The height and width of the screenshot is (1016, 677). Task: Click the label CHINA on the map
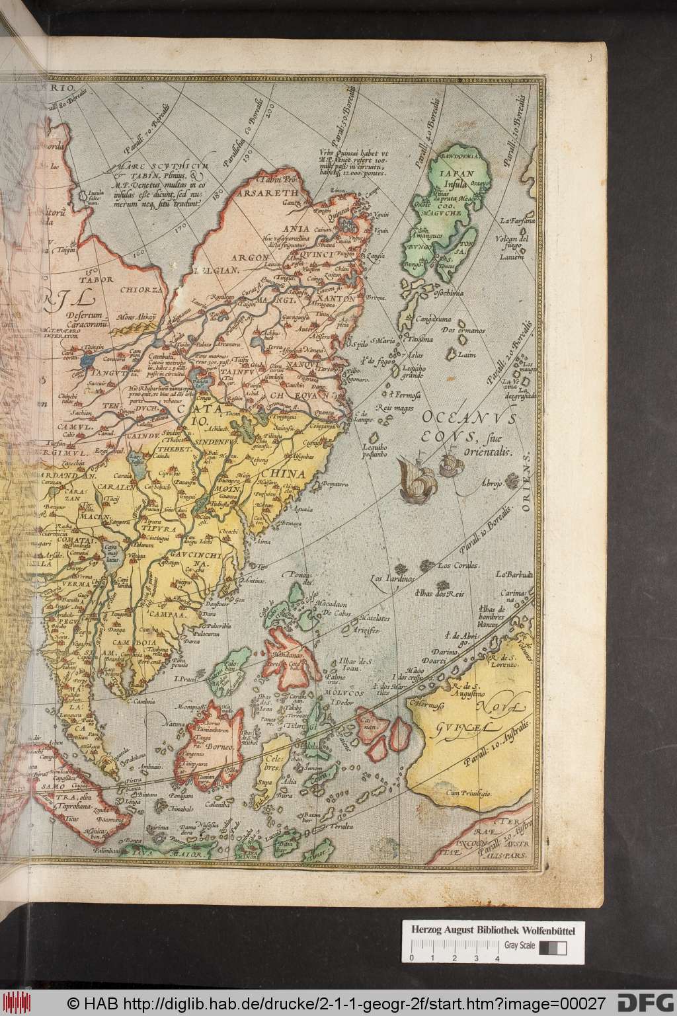click(x=283, y=474)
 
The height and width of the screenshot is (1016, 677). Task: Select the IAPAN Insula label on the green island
click(x=451, y=179)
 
